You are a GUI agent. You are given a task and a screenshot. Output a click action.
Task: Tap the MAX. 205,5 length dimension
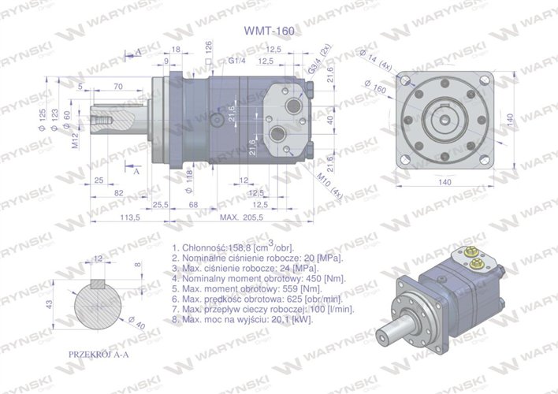click(x=241, y=217)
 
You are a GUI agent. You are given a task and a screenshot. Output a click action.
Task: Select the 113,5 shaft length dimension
click(x=129, y=217)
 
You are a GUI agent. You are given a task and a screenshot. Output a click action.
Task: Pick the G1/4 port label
click(x=237, y=61)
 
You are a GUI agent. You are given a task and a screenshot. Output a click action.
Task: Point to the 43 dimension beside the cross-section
click(x=50, y=303)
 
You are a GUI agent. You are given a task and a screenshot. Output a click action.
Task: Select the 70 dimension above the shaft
click(x=117, y=86)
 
